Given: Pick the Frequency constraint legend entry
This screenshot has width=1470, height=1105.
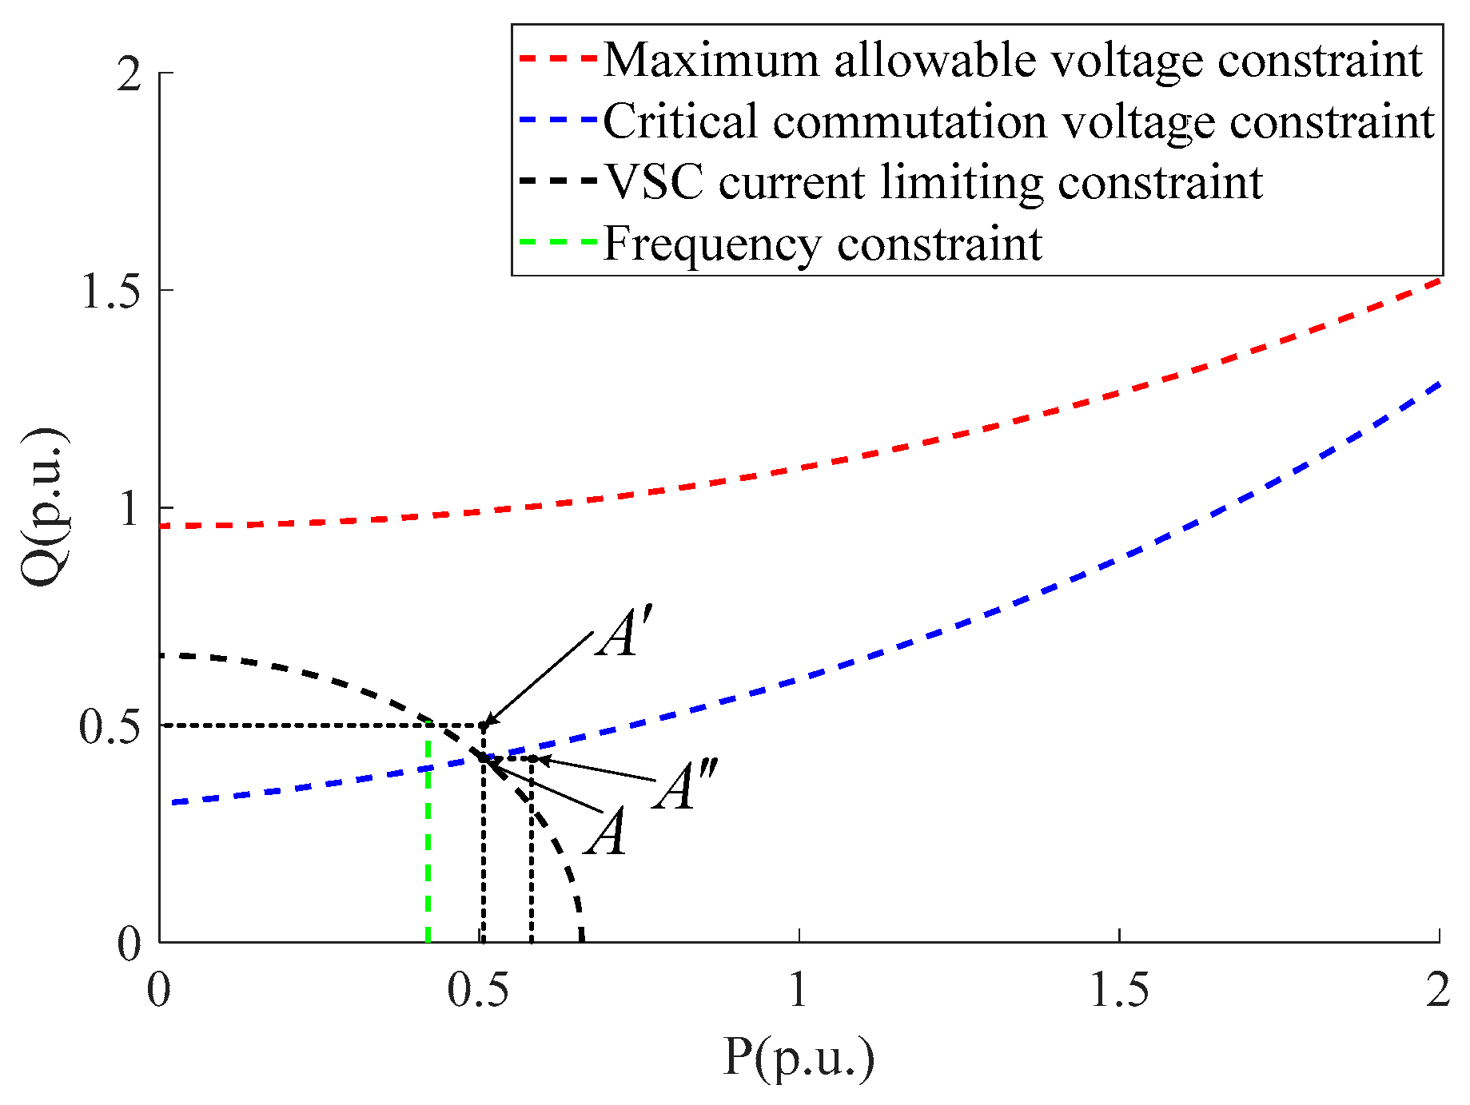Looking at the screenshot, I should pos(822,243).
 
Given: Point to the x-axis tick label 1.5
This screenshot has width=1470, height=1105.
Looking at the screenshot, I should pos(1119,991).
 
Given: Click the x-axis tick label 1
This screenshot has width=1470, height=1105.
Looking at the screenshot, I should pos(799,991).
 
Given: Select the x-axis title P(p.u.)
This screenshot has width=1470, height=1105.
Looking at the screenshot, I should pos(799,1059).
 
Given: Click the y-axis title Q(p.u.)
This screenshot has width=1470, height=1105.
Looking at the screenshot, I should pos(44,507).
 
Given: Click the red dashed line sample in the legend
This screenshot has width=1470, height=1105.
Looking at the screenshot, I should pos(557,60).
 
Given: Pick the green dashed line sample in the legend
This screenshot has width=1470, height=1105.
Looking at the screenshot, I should pos(557,242).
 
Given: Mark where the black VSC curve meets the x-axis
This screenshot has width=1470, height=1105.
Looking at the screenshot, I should pos(582,941).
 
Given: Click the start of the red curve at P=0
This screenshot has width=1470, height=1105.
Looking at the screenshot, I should pos(162,526).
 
